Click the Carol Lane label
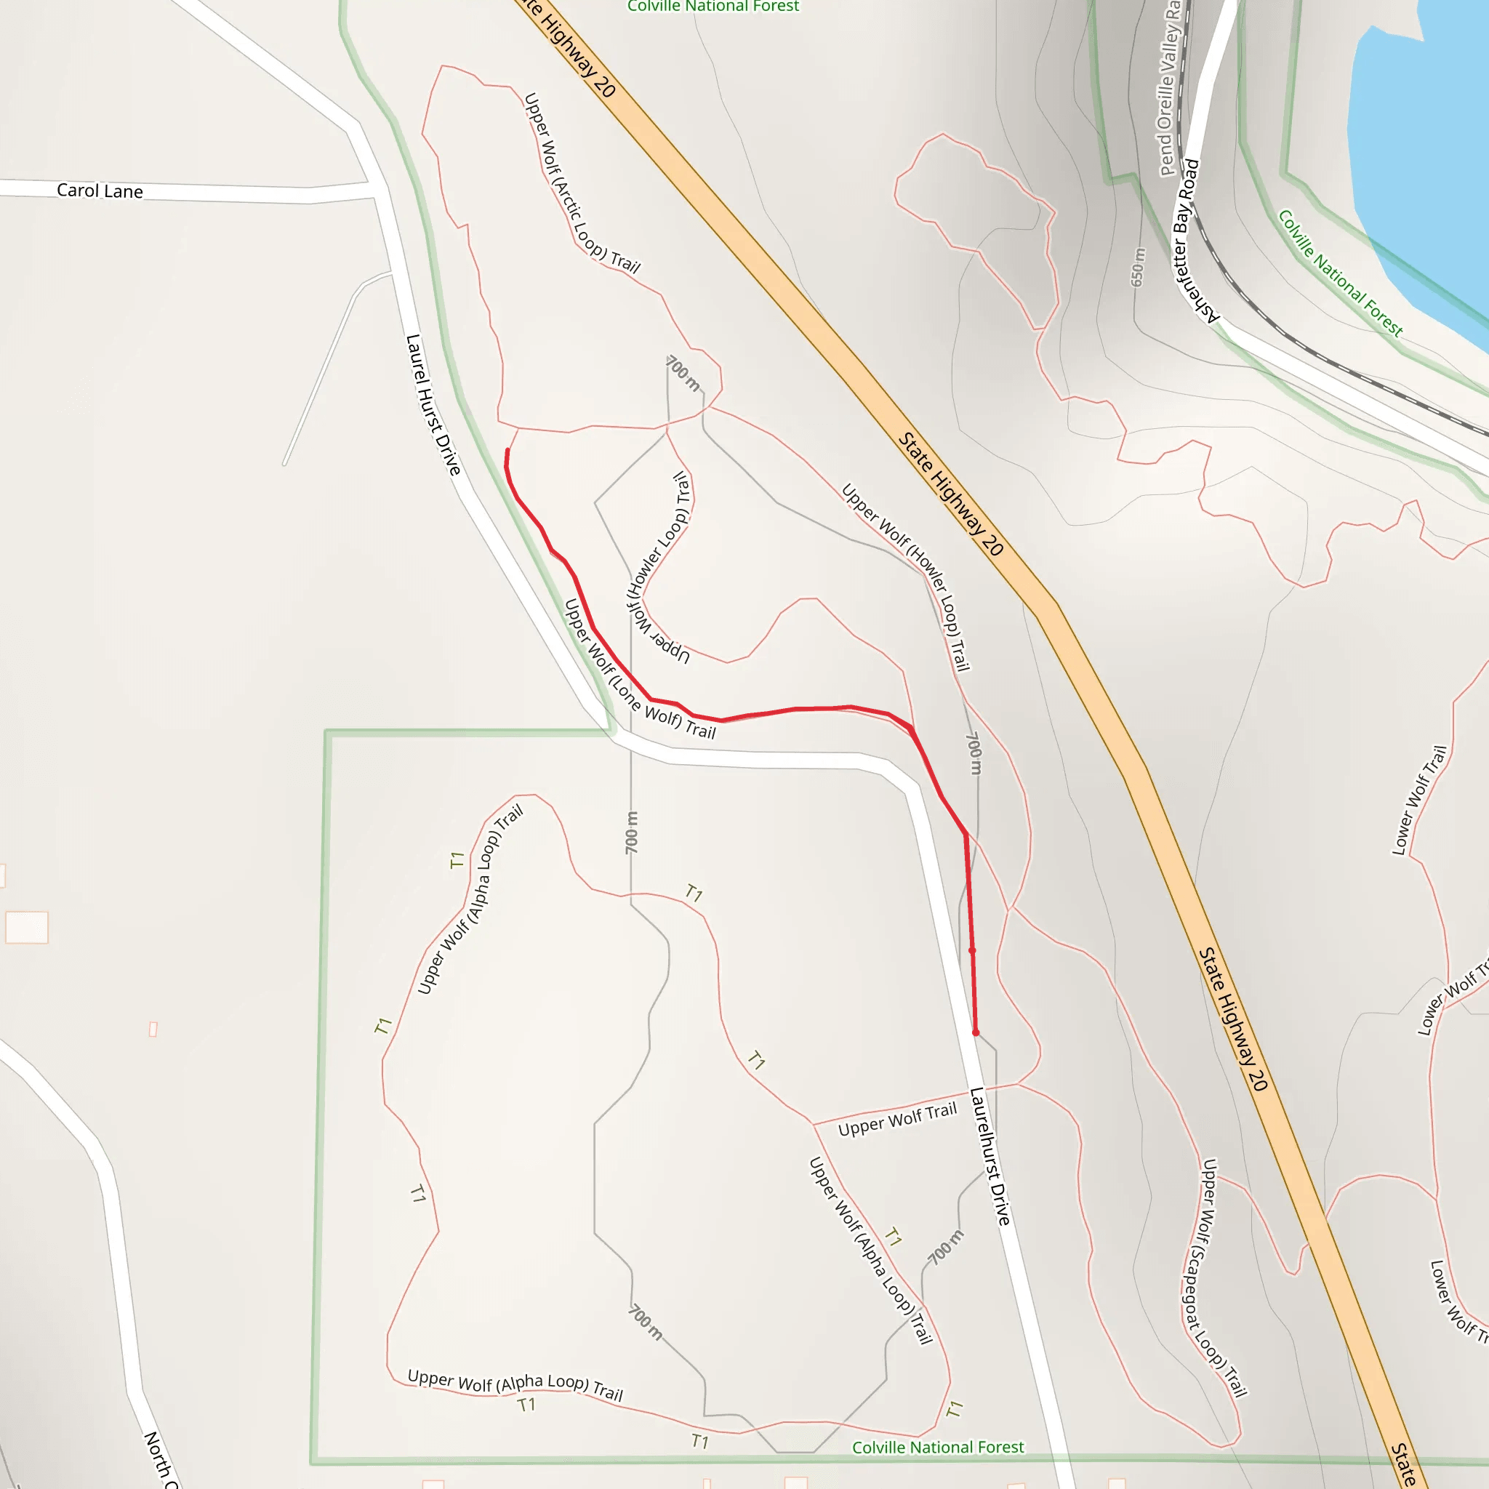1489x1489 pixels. (100, 190)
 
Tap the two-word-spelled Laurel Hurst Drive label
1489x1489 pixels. (433, 405)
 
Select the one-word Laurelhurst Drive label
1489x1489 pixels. (990, 1156)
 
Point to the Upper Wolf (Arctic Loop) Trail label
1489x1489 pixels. (582, 183)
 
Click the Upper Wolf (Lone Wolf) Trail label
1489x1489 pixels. (640, 669)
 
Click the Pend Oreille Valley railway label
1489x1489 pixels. (1170, 89)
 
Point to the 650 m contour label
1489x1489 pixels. (1139, 268)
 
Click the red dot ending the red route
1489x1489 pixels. (976, 1032)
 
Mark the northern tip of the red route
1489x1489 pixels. (507, 450)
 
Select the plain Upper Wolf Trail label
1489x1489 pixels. (897, 1120)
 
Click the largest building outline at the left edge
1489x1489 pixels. (27, 927)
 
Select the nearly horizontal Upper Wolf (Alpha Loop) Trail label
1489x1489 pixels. (515, 1385)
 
